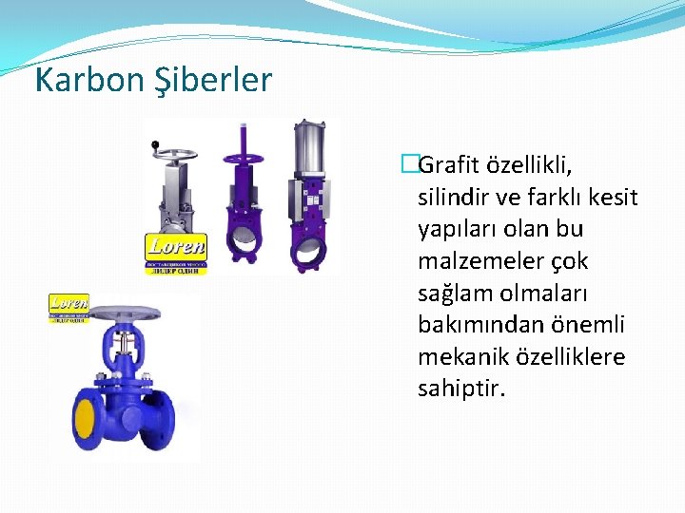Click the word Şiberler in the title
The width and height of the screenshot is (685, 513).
click(213, 80)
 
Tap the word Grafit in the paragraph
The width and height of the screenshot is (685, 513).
click(456, 166)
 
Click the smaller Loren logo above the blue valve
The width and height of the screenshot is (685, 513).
click(68, 308)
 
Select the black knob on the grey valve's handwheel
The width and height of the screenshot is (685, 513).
click(154, 144)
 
